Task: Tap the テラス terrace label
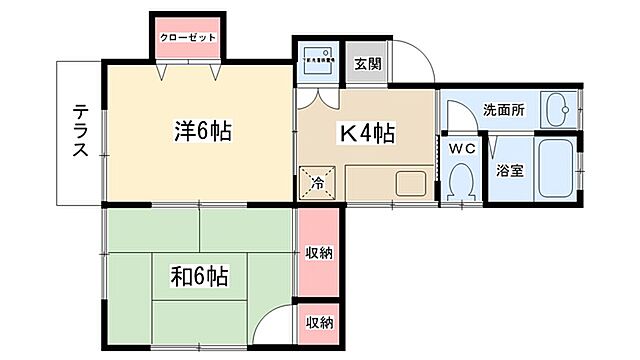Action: coord(80,131)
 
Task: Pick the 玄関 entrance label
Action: coord(366,64)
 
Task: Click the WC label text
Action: coord(461,148)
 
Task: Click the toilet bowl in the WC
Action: coord(461,182)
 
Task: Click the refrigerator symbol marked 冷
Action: coord(316,183)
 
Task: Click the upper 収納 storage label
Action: coord(319,252)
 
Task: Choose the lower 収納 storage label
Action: coord(319,322)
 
